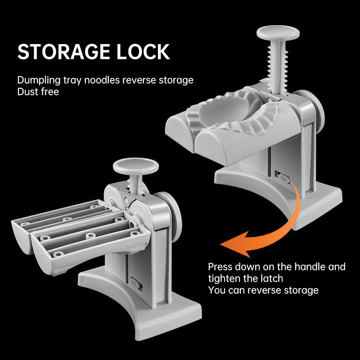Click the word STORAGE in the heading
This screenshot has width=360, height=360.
pyautogui.click(x=63, y=52)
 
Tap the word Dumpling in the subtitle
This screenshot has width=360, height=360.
pyautogui.click(x=39, y=81)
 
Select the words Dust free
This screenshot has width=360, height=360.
pyautogui.click(x=38, y=92)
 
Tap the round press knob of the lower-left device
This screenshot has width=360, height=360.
pyautogui.click(x=136, y=166)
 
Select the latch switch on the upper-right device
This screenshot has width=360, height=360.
pyautogui.click(x=282, y=177)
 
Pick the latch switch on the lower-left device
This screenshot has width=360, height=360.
pyautogui.click(x=136, y=284)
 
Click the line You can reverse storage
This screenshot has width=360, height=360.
pyautogui.click(x=263, y=290)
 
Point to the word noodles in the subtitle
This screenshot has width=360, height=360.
pyautogui.click(x=102, y=80)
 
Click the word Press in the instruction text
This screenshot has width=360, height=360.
pyautogui.click(x=220, y=267)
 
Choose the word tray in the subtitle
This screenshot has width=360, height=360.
pyautogui.click(x=72, y=81)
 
